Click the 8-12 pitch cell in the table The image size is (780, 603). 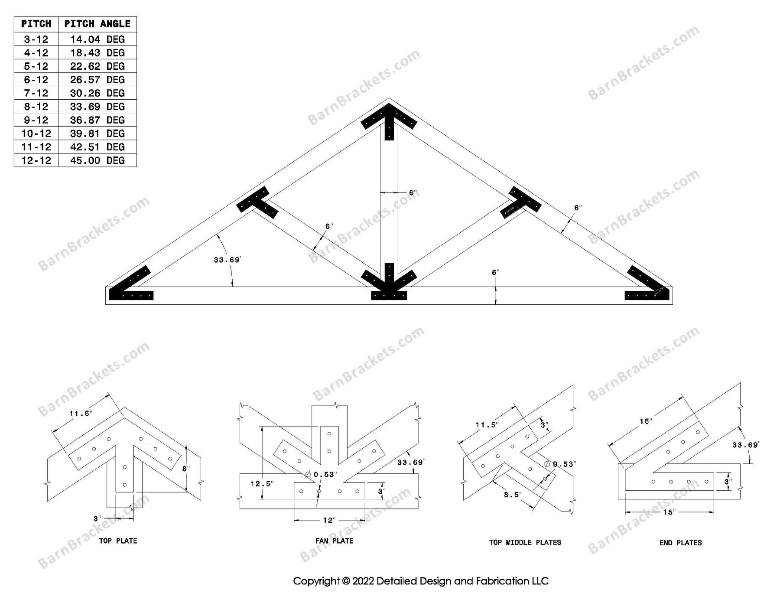(36, 107)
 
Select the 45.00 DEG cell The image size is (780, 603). (97, 160)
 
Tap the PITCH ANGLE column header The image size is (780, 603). (97, 24)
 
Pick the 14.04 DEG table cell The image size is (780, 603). (97, 39)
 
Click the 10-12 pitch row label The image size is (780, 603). (36, 134)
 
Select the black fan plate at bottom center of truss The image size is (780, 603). (389, 284)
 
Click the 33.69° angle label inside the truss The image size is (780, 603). (227, 260)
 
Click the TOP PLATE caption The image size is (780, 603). (118, 541)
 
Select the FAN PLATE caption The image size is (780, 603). (334, 541)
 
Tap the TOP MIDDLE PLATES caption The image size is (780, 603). (525, 542)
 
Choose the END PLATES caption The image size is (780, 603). (680, 543)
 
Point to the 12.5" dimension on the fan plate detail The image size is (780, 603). (262, 484)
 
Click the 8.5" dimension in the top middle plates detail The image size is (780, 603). (513, 495)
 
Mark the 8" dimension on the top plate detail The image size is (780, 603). (185, 469)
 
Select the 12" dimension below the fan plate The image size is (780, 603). (329, 520)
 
